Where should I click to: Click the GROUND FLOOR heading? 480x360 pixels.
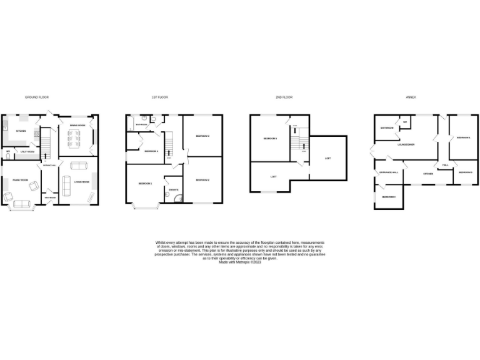[x=37, y=97]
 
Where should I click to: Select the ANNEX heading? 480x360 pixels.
[x=411, y=97]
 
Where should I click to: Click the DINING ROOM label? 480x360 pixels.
[x=77, y=126]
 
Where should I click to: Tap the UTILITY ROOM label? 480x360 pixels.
[x=27, y=152]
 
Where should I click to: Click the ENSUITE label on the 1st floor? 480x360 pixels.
[x=174, y=189]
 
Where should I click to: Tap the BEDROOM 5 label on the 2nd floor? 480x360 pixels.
[x=269, y=138]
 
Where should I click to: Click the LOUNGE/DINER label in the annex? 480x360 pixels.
[x=406, y=144]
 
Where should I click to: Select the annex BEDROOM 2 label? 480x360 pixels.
[x=388, y=197]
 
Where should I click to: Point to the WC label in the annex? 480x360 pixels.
[x=405, y=122]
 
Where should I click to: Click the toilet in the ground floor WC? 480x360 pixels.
[x=7, y=156]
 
